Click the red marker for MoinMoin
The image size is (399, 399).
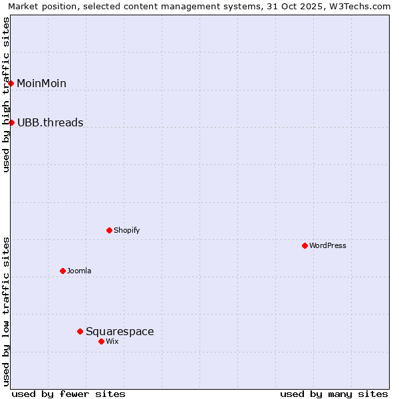click(11, 83)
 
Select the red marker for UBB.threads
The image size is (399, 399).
click(11, 122)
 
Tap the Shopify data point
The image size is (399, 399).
click(109, 230)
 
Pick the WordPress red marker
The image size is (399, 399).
click(305, 245)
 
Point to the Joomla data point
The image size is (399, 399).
click(63, 271)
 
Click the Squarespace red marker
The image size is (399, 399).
click(80, 331)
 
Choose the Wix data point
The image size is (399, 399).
click(101, 341)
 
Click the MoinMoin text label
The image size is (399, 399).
click(41, 83)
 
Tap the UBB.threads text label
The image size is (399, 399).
click(50, 122)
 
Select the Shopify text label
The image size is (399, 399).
click(126, 230)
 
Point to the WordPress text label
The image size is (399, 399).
click(327, 245)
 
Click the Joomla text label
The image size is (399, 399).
click(79, 271)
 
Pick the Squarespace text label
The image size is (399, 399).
click(120, 331)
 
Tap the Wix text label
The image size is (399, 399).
click(112, 341)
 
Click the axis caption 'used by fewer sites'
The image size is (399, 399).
click(68, 394)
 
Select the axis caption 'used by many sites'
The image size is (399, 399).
click(334, 394)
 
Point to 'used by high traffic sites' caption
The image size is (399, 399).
click(6, 94)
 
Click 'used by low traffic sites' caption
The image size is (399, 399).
click(6, 311)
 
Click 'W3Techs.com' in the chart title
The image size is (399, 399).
click(362, 6)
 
